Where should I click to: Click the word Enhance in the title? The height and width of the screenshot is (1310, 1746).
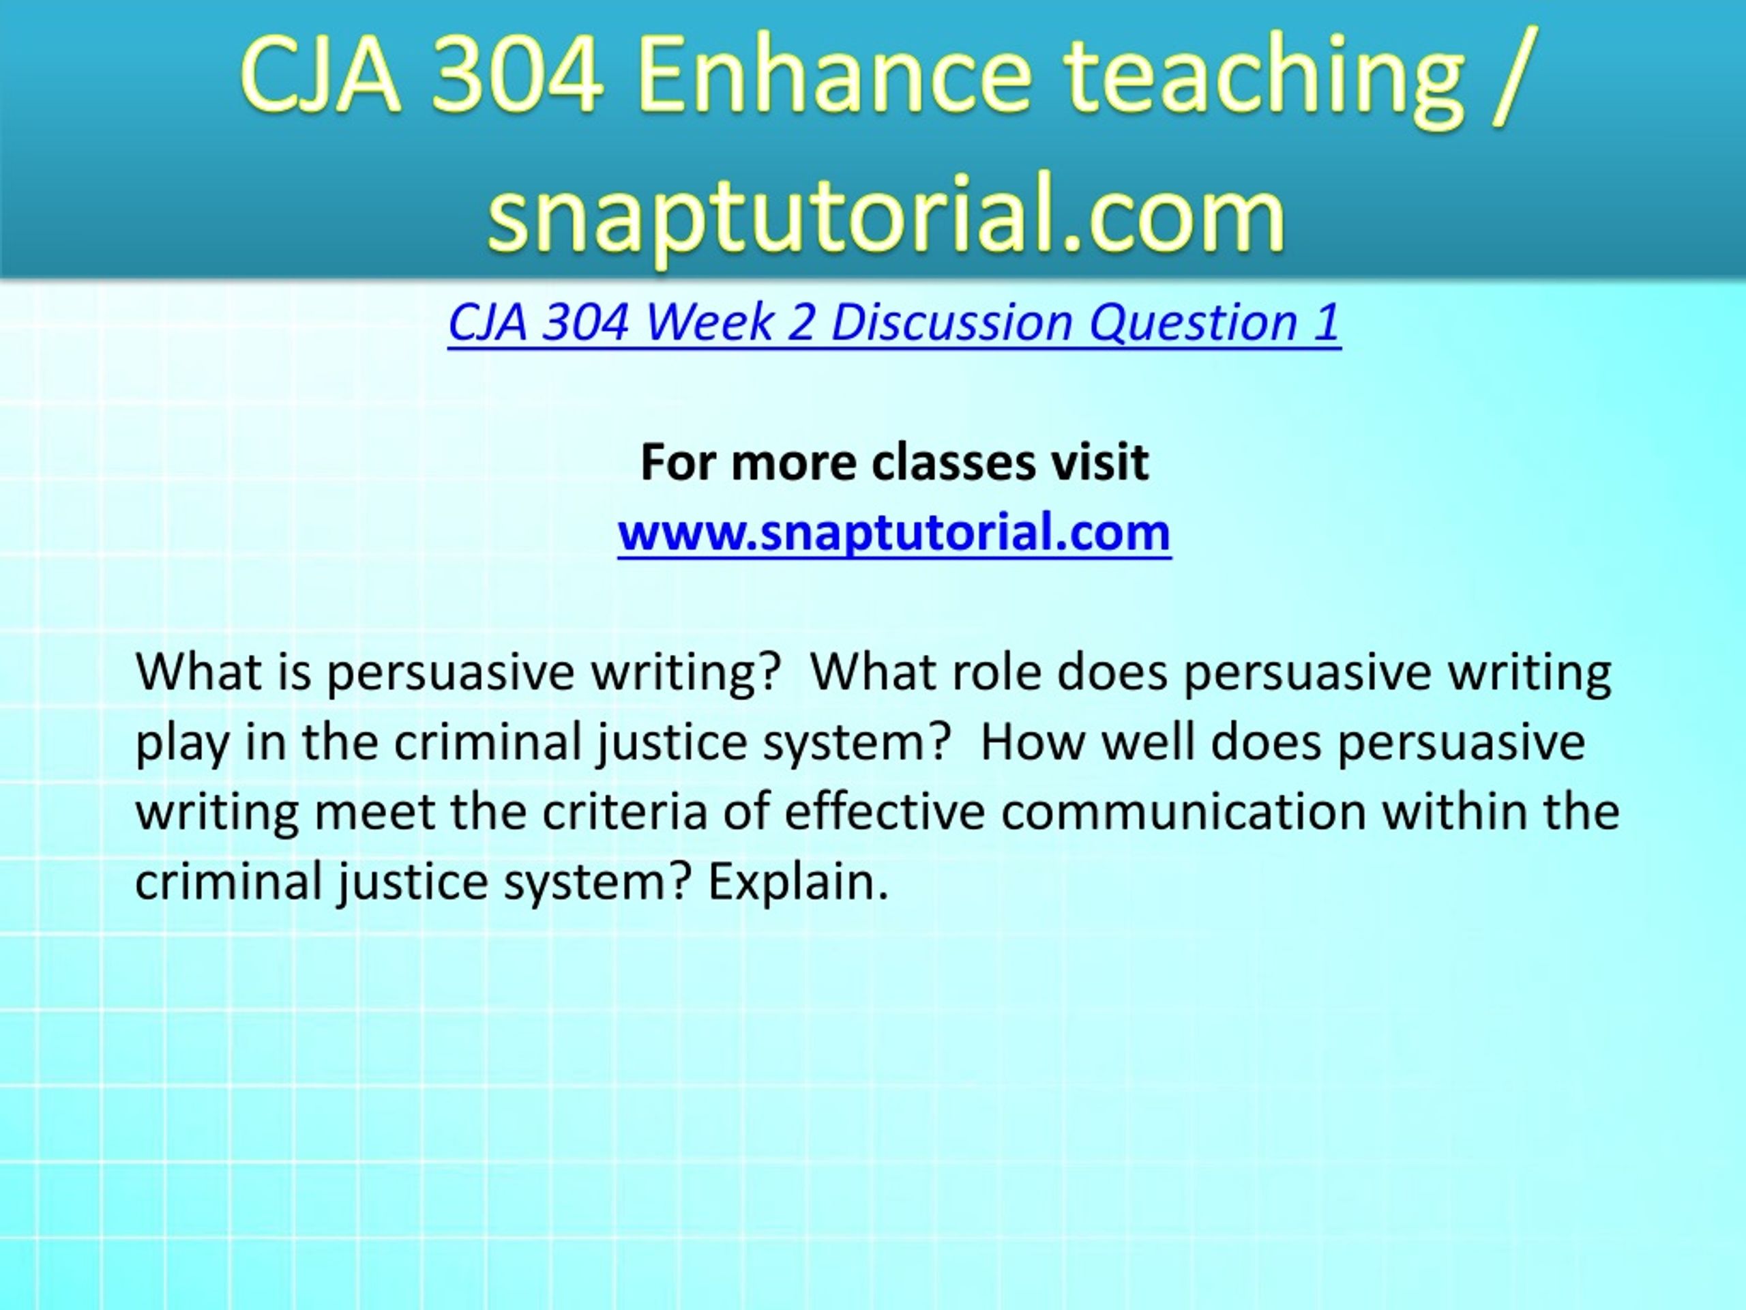[x=834, y=76]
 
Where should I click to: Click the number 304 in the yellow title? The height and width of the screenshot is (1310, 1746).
[x=517, y=76]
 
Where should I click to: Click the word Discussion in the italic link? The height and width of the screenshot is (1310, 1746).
[x=952, y=323]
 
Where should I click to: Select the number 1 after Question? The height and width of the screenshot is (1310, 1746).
[x=1327, y=323]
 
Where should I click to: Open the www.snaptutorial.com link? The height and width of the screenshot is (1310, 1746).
[x=894, y=532]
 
